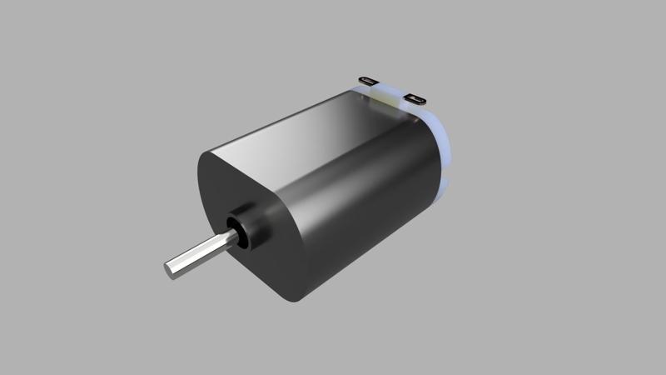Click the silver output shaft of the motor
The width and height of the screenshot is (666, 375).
pyautogui.click(x=200, y=255)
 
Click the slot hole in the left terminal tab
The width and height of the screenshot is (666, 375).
pyautogui.click(x=369, y=80)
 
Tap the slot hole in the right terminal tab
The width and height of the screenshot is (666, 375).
pyautogui.click(x=415, y=98)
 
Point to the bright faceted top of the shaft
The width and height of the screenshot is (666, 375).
pyautogui.click(x=196, y=249)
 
